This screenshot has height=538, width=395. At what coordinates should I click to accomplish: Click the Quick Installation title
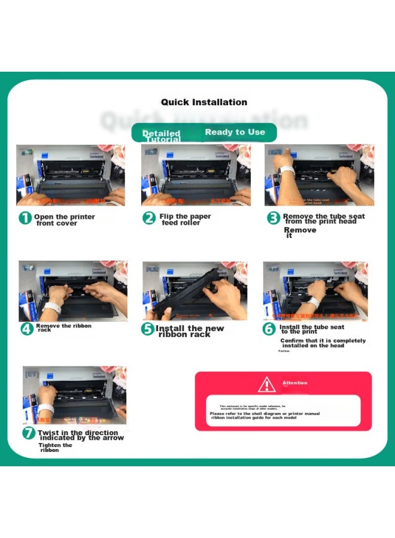tap(204, 102)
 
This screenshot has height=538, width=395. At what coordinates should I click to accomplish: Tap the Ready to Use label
tap(235, 132)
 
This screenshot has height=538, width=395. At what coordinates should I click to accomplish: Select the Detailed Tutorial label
tap(162, 136)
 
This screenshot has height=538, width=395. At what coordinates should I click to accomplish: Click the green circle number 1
tap(25, 218)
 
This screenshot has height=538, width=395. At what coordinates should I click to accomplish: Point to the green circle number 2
tap(149, 218)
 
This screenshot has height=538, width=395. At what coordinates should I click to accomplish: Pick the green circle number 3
tap(274, 218)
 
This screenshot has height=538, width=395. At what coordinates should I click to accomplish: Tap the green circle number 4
tap(27, 329)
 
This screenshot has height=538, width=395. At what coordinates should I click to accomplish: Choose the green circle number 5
tap(148, 329)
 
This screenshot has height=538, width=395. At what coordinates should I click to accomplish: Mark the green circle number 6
tap(269, 329)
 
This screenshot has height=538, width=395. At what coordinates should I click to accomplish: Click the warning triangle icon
tap(266, 384)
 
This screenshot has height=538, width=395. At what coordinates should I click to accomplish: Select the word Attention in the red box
tap(295, 383)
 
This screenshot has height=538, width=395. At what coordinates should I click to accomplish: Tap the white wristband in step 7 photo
tap(47, 409)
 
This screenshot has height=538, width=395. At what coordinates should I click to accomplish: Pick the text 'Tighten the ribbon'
tap(55, 448)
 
